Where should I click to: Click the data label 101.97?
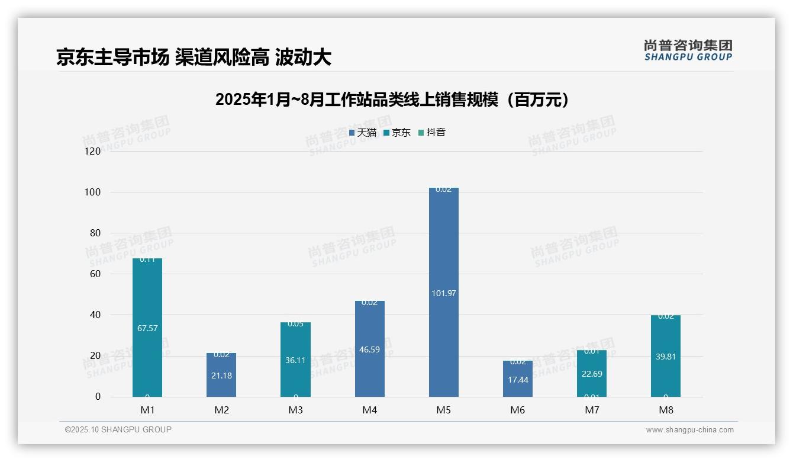point(443,293)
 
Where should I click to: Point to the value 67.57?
point(147,328)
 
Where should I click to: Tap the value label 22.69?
point(592,373)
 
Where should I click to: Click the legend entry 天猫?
point(363,133)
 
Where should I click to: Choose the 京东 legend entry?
point(397,133)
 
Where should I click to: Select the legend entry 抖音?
point(432,133)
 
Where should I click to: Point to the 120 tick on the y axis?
point(93,151)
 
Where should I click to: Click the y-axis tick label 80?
point(95,233)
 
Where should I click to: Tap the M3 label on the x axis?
point(296,410)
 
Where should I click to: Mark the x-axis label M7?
point(592,410)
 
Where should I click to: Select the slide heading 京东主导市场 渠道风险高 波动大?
point(194,57)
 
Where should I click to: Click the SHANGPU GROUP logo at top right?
point(688,50)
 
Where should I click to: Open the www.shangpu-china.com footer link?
point(689,430)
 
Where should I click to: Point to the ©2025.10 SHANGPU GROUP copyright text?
point(118,429)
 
